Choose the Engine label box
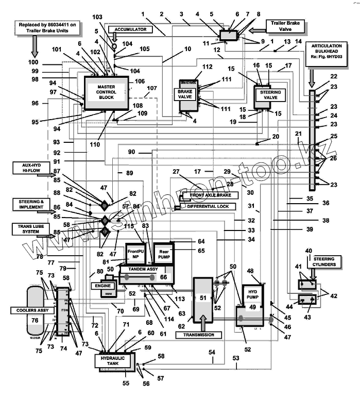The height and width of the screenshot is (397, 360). pyautogui.click(x=101, y=285)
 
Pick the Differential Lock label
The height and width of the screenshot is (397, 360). pyautogui.click(x=207, y=206)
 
